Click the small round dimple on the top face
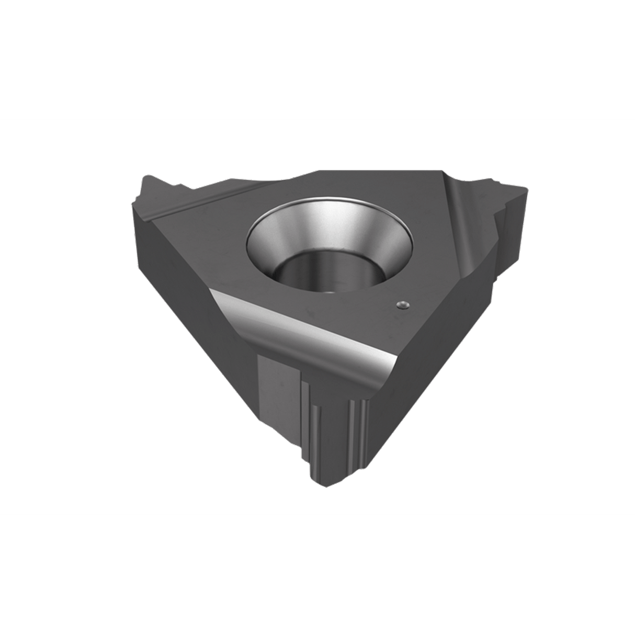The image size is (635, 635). click(401, 303)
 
